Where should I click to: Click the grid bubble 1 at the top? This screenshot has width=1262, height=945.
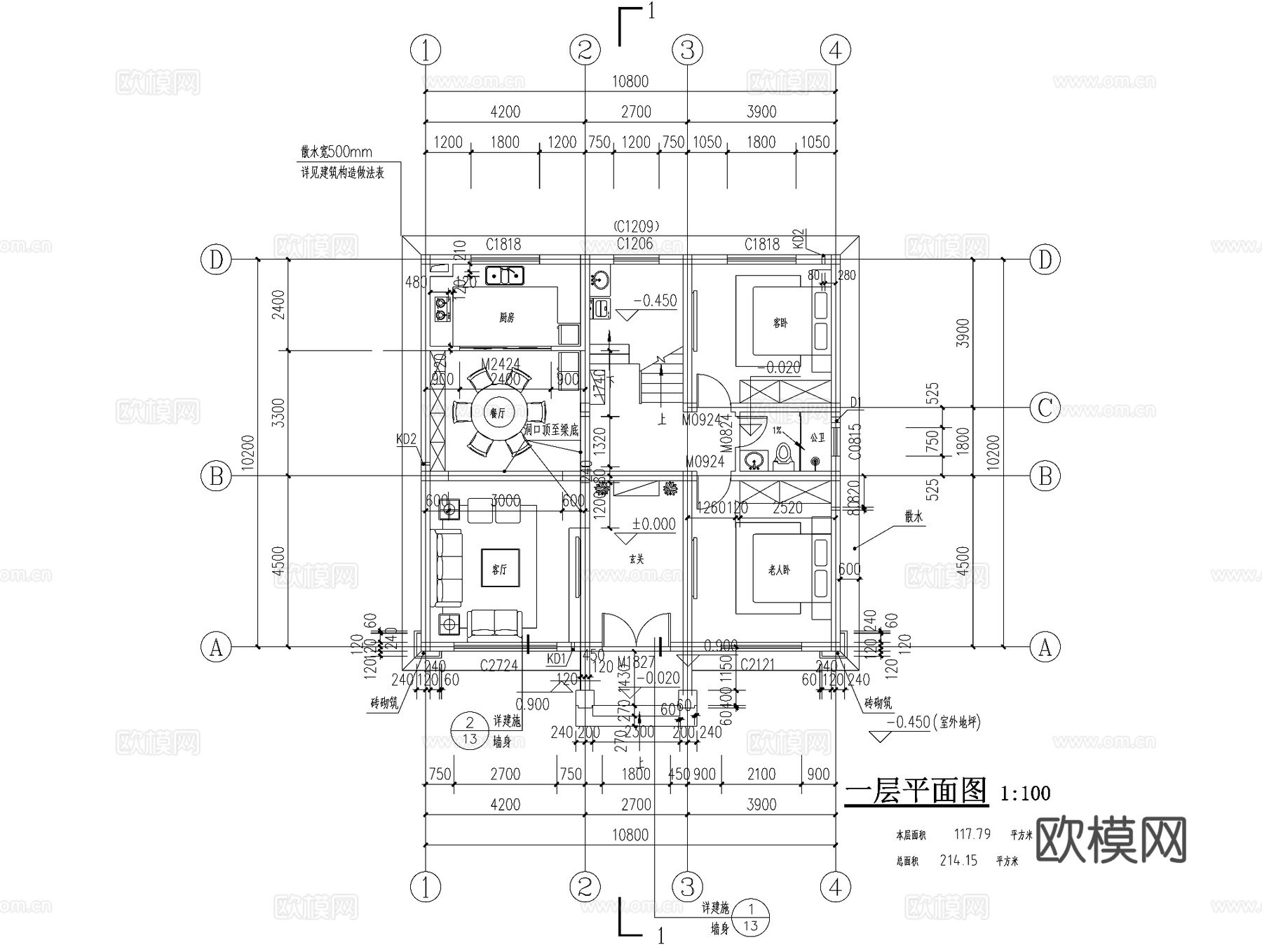tap(426, 51)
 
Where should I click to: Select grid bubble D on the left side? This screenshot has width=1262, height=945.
tap(216, 260)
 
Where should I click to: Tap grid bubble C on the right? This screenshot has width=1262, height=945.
tap(1045, 408)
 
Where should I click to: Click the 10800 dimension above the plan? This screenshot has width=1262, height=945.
tap(630, 81)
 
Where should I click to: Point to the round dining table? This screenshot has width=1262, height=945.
tap(497, 414)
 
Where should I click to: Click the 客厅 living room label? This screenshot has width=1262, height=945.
tap(499, 569)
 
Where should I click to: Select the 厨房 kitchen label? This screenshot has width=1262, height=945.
tap(506, 318)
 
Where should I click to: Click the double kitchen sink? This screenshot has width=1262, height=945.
tap(504, 276)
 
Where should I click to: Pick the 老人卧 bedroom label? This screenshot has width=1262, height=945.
tap(778, 570)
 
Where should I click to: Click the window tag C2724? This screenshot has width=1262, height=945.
tap(498, 664)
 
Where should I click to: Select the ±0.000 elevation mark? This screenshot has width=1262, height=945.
tap(653, 524)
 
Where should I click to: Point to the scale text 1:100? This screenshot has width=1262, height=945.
tap(1025, 793)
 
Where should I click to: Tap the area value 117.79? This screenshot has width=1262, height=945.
tap(972, 834)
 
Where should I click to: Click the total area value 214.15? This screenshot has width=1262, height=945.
tap(958, 860)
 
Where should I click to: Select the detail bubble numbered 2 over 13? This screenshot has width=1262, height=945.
tap(470, 730)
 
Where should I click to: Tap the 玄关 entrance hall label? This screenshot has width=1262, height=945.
tap(636, 559)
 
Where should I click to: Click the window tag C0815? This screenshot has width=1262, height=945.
tap(855, 441)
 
